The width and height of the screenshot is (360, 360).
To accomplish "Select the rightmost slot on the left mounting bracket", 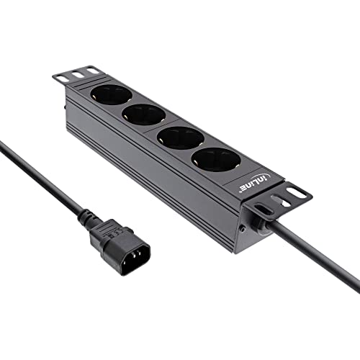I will pyautogui.click(x=91, y=70).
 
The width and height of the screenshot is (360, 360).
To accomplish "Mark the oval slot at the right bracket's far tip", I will pyautogui.click(x=296, y=192).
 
